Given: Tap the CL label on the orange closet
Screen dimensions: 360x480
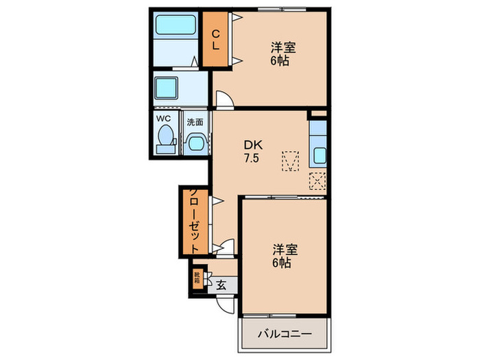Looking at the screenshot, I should (215, 40).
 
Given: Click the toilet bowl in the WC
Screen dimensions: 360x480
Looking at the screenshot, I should (164, 141).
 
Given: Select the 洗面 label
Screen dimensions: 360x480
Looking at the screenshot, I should (195, 122).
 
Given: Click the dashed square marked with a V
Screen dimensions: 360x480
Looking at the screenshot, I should (291, 162).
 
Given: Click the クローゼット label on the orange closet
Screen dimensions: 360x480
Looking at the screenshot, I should (194, 221).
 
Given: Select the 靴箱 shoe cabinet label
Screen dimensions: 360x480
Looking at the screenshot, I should (197, 278).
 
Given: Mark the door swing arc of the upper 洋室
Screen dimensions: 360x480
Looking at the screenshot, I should (226, 99).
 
